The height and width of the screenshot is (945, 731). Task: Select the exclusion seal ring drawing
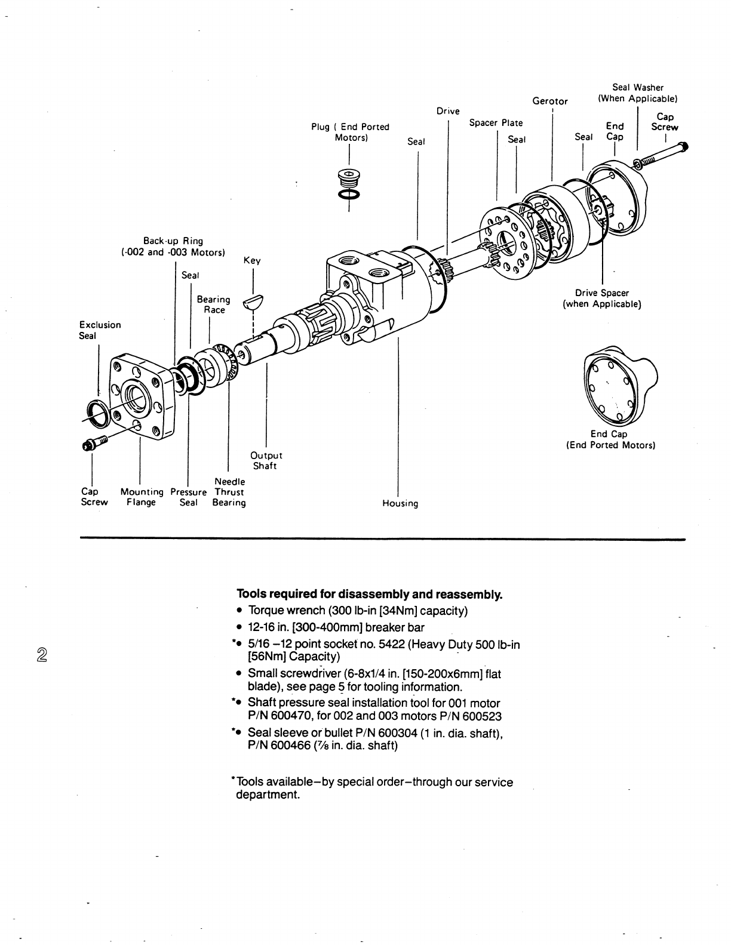point(97,413)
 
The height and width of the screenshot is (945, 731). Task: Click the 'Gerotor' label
point(550,101)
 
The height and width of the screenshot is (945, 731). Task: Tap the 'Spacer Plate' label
point(496,123)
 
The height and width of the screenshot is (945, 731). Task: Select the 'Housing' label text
point(400,503)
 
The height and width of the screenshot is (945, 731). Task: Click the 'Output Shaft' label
point(266,461)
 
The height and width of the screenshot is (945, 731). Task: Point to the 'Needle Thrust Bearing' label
point(229,492)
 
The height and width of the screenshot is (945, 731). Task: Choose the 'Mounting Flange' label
point(142,497)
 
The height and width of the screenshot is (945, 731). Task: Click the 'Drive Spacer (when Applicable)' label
point(601,298)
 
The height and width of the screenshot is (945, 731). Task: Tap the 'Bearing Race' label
point(214,304)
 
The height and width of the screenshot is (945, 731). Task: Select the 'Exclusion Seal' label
point(100,330)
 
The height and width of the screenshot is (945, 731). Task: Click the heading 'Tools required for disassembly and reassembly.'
point(370,595)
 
